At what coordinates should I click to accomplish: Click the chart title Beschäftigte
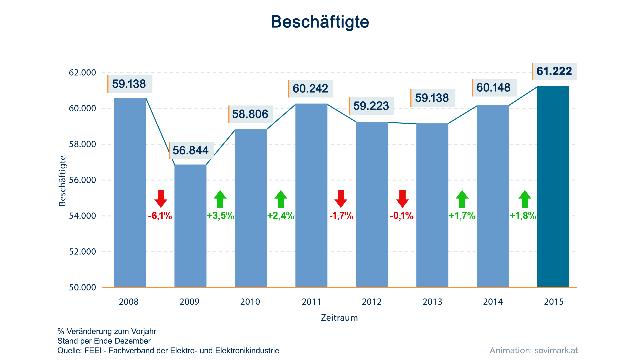(x=320, y=22)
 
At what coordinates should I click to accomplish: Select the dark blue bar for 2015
(x=553, y=187)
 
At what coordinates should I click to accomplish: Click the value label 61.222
(x=554, y=71)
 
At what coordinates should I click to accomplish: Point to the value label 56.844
(x=191, y=150)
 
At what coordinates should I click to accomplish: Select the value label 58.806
(x=250, y=114)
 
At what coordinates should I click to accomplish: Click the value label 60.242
(x=310, y=88)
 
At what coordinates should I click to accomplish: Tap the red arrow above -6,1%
(x=161, y=199)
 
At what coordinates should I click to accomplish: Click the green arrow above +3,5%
(x=220, y=199)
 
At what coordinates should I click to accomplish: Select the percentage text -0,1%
(x=402, y=216)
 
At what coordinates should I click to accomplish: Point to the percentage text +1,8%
(x=523, y=216)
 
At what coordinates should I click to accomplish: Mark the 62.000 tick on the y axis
(x=82, y=73)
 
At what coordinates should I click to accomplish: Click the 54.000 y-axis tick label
(x=82, y=216)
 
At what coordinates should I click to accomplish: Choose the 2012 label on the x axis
(x=372, y=302)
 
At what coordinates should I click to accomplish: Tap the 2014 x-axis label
(x=493, y=302)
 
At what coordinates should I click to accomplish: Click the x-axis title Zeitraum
(x=339, y=318)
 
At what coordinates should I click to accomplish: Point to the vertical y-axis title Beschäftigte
(x=62, y=181)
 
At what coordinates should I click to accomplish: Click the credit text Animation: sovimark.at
(x=534, y=351)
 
